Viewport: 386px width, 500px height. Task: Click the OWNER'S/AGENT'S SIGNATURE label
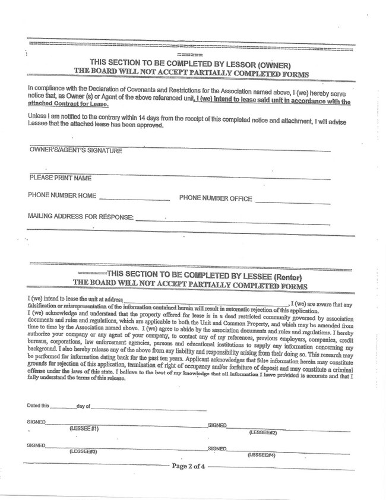pos(75,151)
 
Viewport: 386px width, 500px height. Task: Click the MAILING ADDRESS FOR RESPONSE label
pos(81,217)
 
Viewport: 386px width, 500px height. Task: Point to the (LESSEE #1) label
pos(84,428)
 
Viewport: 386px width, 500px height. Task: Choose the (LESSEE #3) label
pos(83,451)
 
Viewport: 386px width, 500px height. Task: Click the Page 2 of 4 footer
pos(188,466)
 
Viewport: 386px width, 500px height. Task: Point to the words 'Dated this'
pos(38,406)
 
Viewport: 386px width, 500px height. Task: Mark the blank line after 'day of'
pos(148,409)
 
